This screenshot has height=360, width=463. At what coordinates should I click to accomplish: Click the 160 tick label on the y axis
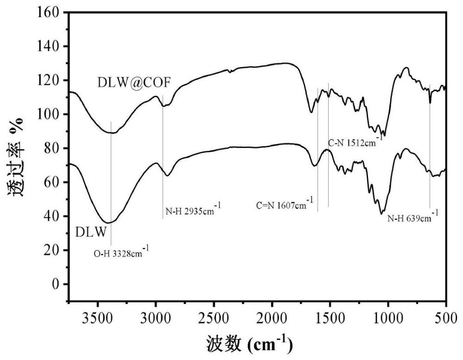(x=48, y=12)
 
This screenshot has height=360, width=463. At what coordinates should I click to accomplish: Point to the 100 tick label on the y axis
(x=48, y=114)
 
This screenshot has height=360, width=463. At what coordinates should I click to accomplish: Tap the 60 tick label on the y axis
(x=52, y=182)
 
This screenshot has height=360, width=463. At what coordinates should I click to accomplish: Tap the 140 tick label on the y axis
(x=48, y=46)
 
